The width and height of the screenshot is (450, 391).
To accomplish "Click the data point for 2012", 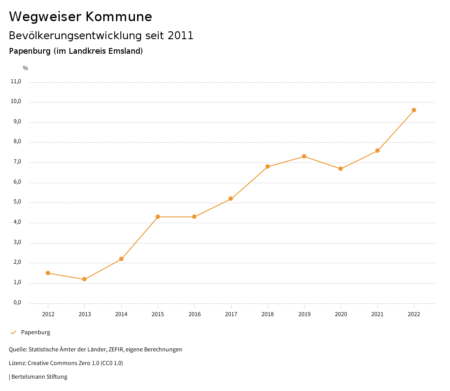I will coord(48,273).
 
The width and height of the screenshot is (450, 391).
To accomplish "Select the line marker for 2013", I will coord(84,279).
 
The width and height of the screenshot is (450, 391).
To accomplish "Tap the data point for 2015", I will coord(158,217).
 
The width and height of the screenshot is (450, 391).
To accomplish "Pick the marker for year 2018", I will coord(268,166).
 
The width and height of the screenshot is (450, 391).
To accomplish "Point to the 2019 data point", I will coord(304,156).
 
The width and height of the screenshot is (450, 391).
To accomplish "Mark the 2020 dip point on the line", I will coord(341,169).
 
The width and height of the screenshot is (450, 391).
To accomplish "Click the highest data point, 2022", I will coord(414,110).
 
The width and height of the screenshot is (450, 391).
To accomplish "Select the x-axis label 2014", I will coord(121,314).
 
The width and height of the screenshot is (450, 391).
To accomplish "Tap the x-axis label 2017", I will coord(231,314).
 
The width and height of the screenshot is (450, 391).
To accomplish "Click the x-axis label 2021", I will coord(377,314).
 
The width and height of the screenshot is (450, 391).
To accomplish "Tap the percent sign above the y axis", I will coord(25,68).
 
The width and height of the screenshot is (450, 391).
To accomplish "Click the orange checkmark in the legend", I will coord(13,332).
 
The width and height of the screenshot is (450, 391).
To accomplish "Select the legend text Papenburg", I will coord(36,332).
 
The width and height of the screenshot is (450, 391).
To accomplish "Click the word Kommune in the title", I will coord(119,17).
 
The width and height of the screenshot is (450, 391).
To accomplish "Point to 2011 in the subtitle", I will coord(181,36).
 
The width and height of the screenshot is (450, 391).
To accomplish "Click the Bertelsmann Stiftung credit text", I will coord(39,377).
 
